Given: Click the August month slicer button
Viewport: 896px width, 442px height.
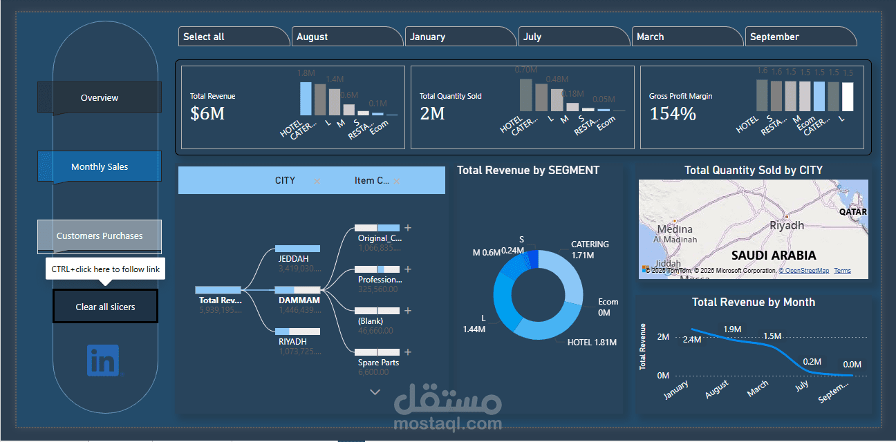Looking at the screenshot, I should (346, 37).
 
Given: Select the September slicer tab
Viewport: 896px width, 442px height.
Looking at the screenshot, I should (801, 37).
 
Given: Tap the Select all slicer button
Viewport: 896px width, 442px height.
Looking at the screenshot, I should (233, 37).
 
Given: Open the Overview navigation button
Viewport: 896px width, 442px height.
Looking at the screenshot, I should (100, 97).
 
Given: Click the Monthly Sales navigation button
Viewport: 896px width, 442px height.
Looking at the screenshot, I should (100, 166).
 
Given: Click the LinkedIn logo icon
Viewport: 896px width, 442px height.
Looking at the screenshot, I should (103, 361).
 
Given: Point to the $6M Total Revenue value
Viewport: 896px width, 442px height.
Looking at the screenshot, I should (207, 114).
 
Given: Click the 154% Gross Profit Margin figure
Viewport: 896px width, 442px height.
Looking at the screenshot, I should (673, 114).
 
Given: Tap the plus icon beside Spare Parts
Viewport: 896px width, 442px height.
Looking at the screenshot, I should (408, 352).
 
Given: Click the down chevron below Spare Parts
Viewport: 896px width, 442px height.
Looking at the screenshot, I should (375, 392).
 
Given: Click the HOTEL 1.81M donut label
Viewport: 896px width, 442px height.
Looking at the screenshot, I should (592, 343).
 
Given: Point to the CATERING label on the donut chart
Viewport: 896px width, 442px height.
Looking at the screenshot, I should (590, 244).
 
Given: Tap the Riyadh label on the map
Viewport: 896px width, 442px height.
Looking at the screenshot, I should (787, 226).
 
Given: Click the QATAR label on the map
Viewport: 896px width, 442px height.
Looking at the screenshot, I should (852, 212).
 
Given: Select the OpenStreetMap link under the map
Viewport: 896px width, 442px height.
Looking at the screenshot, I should (804, 271).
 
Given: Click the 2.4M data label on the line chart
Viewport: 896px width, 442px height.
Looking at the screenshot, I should (691, 340).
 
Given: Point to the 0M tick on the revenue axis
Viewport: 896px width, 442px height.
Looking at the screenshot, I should (663, 376).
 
